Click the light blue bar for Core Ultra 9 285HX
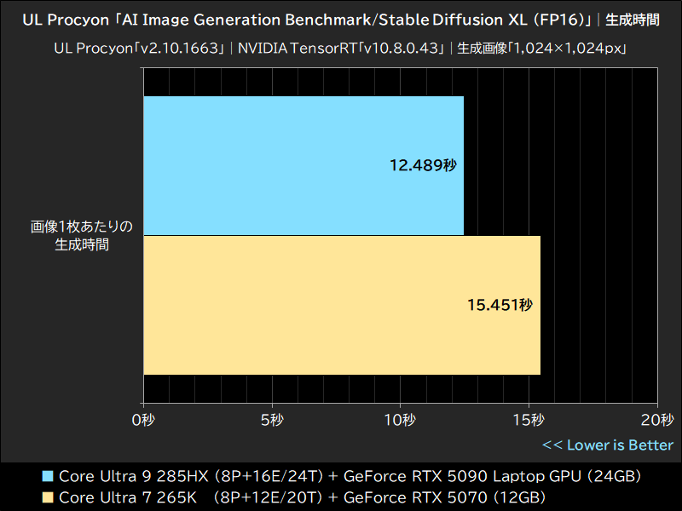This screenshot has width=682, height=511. [x=303, y=165]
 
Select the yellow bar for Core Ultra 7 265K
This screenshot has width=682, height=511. [x=342, y=305]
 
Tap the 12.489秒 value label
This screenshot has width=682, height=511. [x=424, y=165]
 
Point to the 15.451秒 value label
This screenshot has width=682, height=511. [x=500, y=305]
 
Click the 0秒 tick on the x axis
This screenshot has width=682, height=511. [x=143, y=420]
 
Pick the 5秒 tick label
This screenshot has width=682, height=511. [x=272, y=420]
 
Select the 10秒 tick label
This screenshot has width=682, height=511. [x=400, y=420]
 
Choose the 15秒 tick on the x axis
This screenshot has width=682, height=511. [x=529, y=420]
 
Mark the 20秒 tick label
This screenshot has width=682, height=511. [x=656, y=420]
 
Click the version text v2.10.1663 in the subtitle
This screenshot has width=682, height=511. [x=184, y=49]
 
